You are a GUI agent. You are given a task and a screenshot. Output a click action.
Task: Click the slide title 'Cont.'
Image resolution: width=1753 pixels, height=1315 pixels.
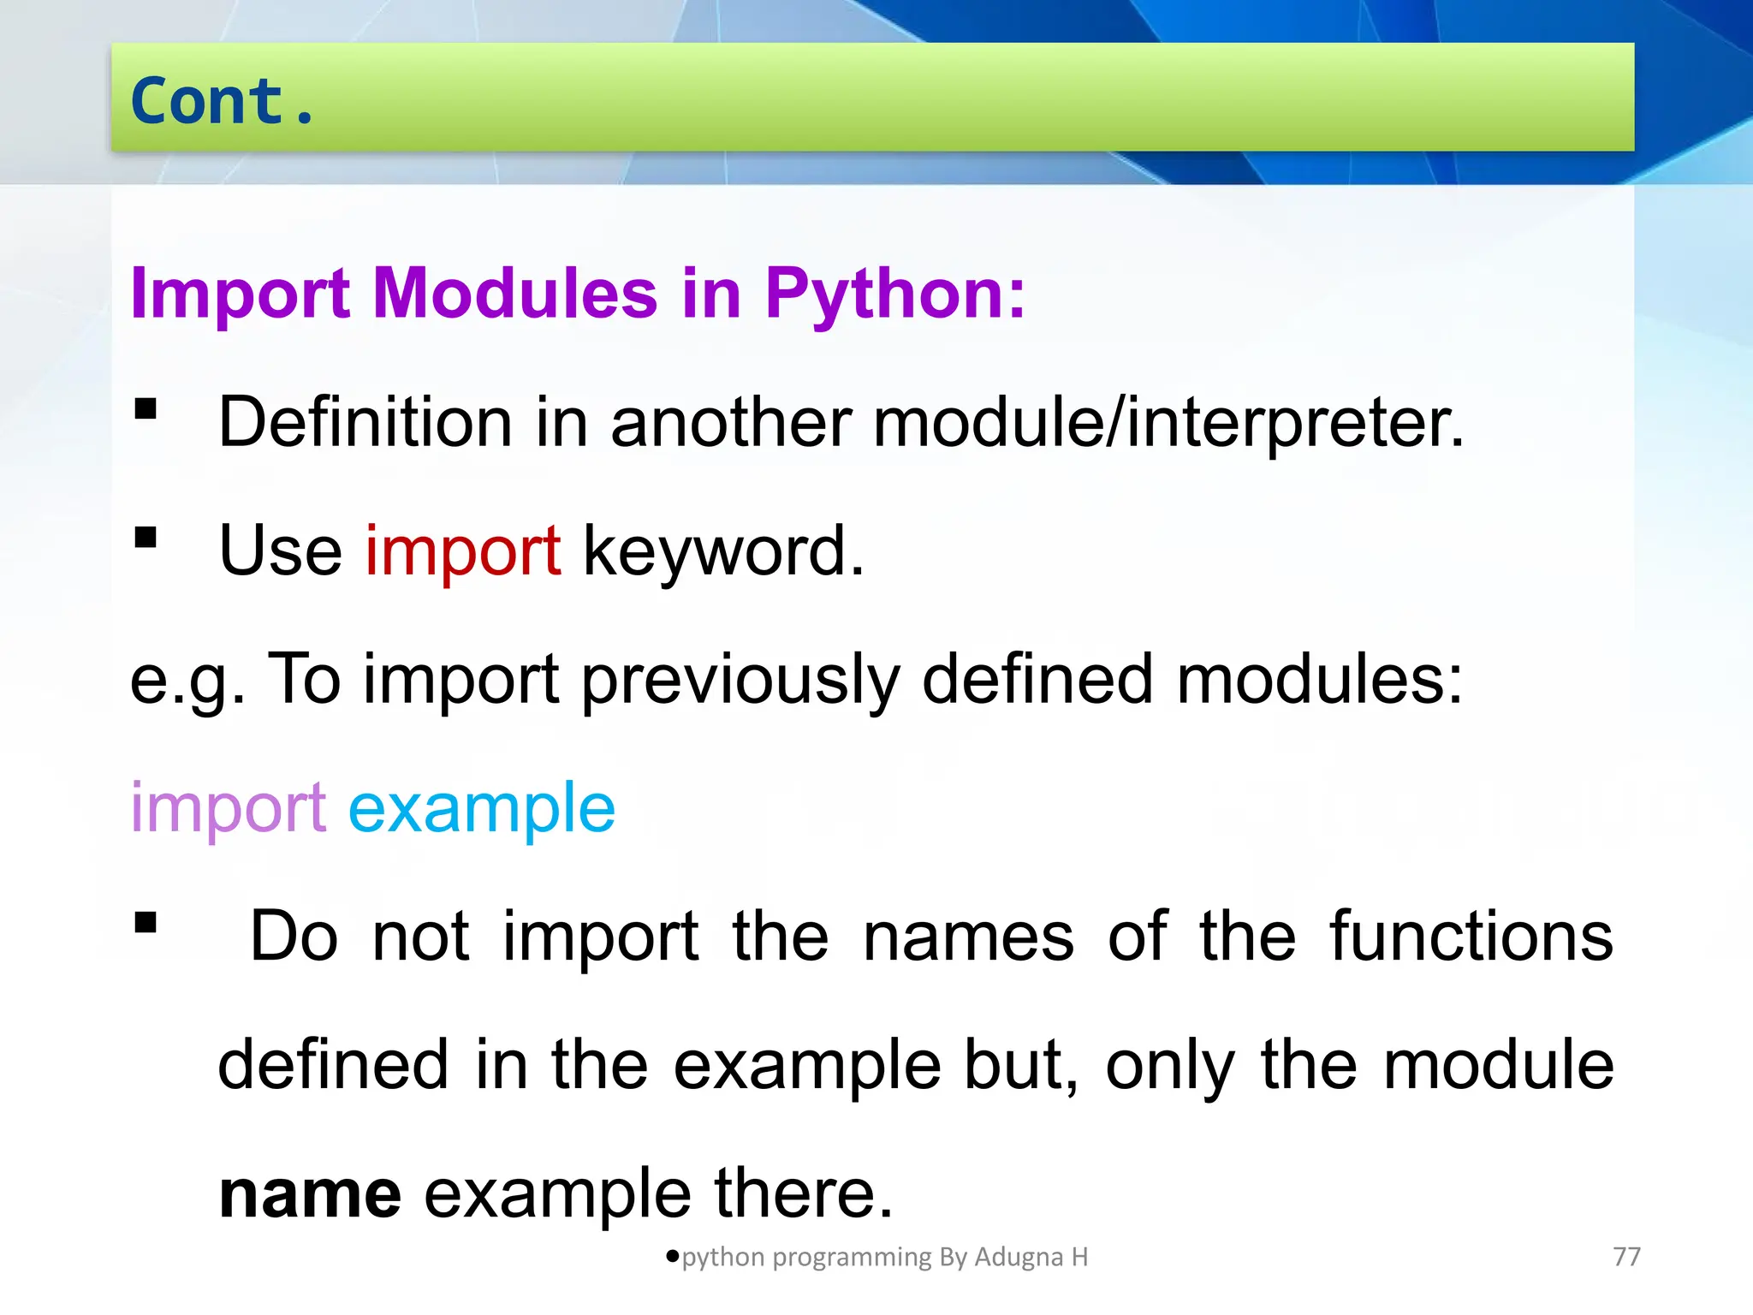tap(223, 101)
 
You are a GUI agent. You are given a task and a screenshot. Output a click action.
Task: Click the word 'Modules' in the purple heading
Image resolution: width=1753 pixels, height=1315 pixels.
tap(514, 294)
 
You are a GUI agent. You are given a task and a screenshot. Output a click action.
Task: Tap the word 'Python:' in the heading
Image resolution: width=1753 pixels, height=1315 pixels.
tap(894, 295)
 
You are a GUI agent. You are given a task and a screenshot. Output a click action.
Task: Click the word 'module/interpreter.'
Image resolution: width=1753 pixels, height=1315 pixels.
tap(1168, 423)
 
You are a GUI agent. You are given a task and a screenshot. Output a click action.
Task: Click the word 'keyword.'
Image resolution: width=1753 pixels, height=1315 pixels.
tap(723, 552)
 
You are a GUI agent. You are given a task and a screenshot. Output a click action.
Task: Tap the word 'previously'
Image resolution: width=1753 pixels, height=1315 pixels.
tap(740, 681)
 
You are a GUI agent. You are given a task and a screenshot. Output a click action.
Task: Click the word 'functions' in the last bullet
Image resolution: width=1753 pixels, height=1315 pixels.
tap(1471, 937)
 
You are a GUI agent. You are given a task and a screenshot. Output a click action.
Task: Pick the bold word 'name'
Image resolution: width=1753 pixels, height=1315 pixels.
tap(310, 1193)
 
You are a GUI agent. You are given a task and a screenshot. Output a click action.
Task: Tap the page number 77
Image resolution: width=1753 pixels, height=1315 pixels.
tap(1626, 1257)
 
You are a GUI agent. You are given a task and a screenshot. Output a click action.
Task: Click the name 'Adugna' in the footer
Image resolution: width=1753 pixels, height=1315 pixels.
tap(1019, 1257)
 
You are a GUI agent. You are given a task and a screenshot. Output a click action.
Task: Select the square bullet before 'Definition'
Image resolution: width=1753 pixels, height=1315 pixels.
tap(146, 408)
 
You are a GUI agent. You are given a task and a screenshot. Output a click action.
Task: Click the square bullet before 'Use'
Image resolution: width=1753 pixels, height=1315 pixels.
tap(146, 537)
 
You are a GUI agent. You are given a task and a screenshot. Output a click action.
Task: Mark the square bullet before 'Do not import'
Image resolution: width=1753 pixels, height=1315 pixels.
tap(146, 922)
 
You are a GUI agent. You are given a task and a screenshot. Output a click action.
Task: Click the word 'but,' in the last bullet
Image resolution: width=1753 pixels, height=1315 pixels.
tap(1021, 1066)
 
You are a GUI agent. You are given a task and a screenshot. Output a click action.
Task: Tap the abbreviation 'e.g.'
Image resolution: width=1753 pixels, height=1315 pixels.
tap(187, 681)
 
